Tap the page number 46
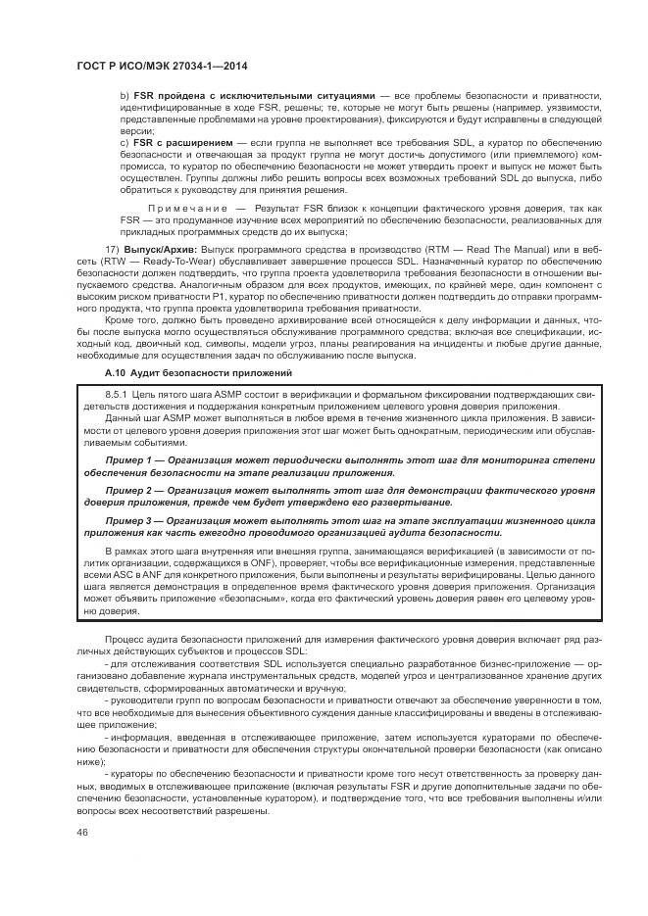pyautogui.click(x=82, y=832)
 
